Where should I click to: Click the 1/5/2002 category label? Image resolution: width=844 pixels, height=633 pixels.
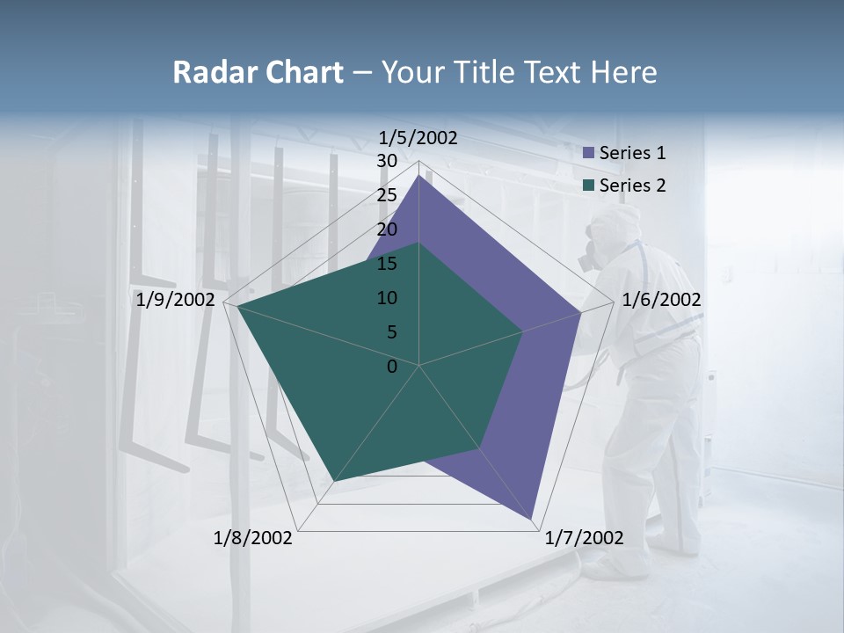pyautogui.click(x=418, y=138)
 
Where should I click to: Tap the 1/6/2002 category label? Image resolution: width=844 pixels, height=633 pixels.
pyautogui.click(x=661, y=300)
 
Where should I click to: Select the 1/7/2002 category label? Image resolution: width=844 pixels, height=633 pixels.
pyautogui.click(x=584, y=538)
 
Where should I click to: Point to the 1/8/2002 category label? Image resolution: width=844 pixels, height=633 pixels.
pyautogui.click(x=253, y=538)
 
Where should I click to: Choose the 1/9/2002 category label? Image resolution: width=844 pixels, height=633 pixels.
pyautogui.click(x=176, y=300)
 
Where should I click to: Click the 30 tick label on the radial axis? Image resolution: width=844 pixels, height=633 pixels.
pyautogui.click(x=387, y=161)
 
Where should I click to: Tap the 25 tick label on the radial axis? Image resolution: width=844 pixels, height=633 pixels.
pyautogui.click(x=387, y=195)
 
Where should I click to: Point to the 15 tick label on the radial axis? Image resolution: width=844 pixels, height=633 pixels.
pyautogui.click(x=387, y=264)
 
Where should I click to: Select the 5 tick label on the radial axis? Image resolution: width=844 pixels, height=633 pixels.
pyautogui.click(x=391, y=332)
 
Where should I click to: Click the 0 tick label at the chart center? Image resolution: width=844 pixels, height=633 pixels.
pyautogui.click(x=392, y=367)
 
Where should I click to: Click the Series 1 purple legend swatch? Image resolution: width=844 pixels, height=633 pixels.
pyautogui.click(x=589, y=153)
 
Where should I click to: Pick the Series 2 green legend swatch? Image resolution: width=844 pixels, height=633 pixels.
pyautogui.click(x=589, y=186)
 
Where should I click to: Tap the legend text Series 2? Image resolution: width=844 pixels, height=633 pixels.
pyautogui.click(x=632, y=186)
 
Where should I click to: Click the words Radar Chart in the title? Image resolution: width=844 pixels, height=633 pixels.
pyautogui.click(x=258, y=72)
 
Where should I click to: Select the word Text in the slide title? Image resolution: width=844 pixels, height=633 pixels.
pyautogui.click(x=556, y=72)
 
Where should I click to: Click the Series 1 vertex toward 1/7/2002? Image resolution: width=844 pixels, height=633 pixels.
pyautogui.click(x=533, y=520)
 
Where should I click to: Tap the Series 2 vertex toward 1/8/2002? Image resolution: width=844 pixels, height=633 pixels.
pyautogui.click(x=332, y=482)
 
